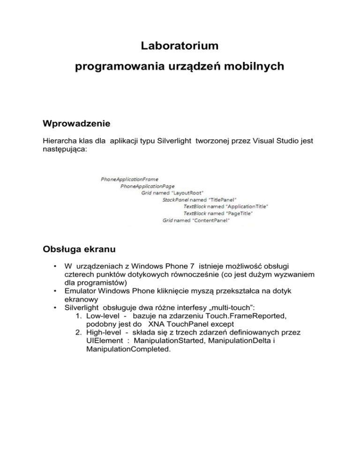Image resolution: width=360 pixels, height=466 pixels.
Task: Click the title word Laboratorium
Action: [180, 46]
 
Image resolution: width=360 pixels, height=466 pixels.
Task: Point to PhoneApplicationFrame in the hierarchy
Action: [129, 179]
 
